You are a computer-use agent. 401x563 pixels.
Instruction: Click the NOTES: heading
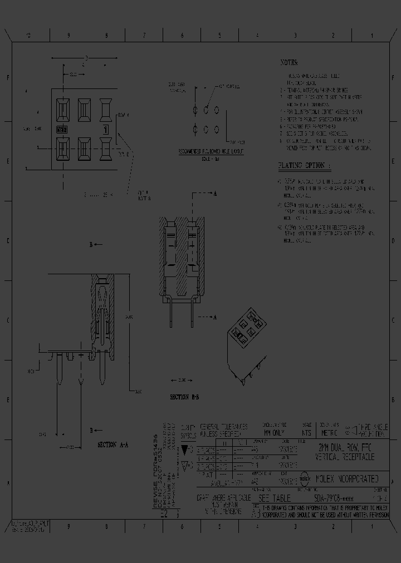point(290,63)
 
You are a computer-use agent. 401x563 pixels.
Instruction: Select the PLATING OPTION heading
point(304,166)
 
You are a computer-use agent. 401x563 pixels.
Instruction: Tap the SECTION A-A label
point(114,445)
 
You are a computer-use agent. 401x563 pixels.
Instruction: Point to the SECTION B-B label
point(185,398)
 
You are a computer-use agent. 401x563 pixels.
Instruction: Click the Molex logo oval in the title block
point(305,478)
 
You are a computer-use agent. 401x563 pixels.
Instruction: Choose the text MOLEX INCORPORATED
point(347,478)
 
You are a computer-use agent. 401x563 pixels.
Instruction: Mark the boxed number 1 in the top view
point(104,130)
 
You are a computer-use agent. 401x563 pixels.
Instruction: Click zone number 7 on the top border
point(144,35)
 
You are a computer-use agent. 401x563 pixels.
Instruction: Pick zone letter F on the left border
point(8,78)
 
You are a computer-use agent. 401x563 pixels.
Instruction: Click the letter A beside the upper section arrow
point(216,194)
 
